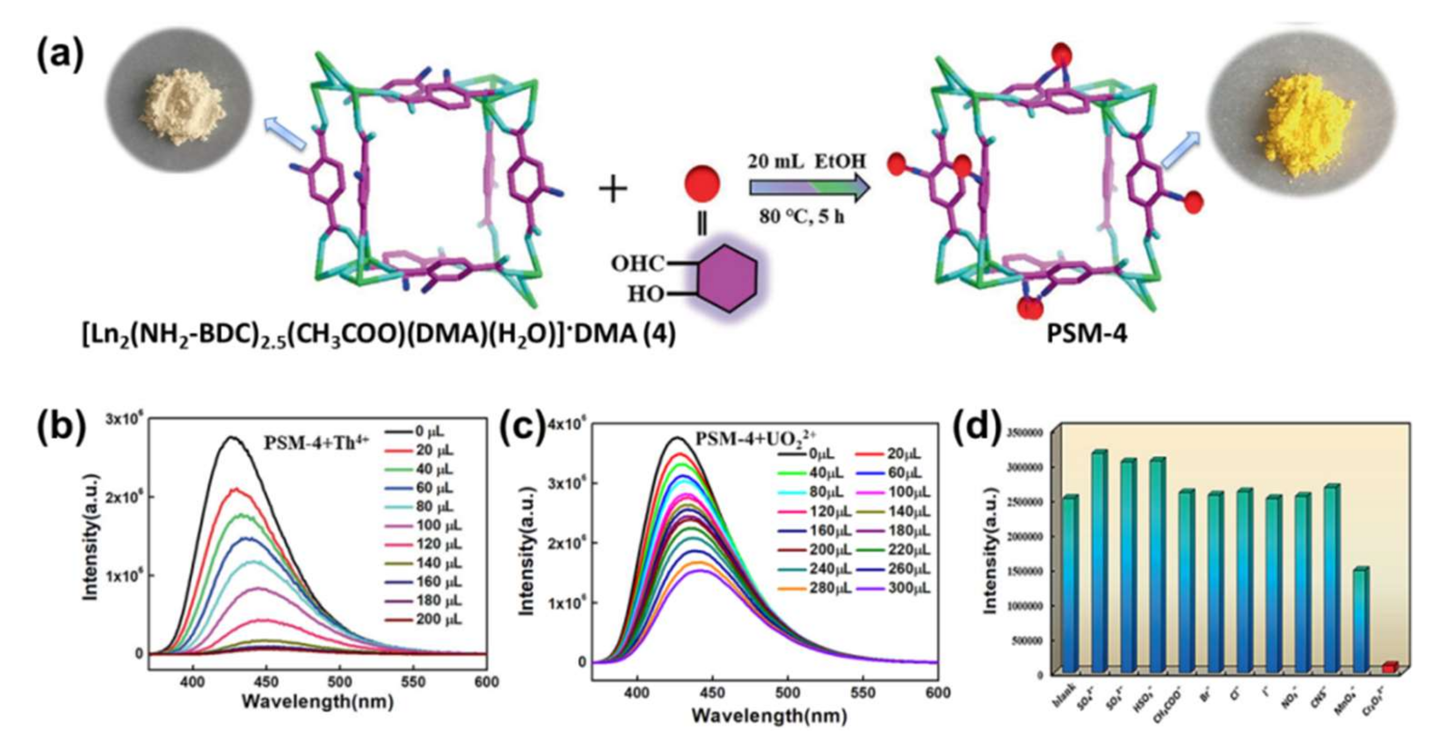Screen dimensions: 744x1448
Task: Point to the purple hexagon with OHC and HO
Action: click(727, 278)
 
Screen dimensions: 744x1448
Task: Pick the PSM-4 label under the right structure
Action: click(1086, 335)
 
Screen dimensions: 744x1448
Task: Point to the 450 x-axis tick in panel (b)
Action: click(266, 682)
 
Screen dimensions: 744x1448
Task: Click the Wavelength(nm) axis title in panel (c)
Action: click(769, 715)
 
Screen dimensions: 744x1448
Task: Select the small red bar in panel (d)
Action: click(1389, 667)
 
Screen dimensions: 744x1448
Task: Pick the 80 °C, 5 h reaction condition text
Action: click(801, 217)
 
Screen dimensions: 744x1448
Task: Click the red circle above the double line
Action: click(702, 183)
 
